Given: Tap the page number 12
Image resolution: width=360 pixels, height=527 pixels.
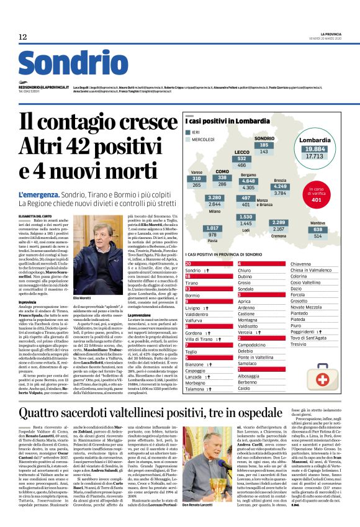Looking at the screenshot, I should (23, 37).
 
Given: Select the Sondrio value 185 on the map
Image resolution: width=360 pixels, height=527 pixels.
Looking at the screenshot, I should (264, 145).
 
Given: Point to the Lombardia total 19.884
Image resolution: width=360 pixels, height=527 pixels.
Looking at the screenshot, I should (315, 150).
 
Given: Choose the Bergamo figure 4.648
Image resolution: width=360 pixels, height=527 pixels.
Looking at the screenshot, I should (248, 181).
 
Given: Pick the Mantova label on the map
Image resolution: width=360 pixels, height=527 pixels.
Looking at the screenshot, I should (318, 222).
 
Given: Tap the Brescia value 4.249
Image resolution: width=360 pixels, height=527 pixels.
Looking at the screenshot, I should (280, 186).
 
